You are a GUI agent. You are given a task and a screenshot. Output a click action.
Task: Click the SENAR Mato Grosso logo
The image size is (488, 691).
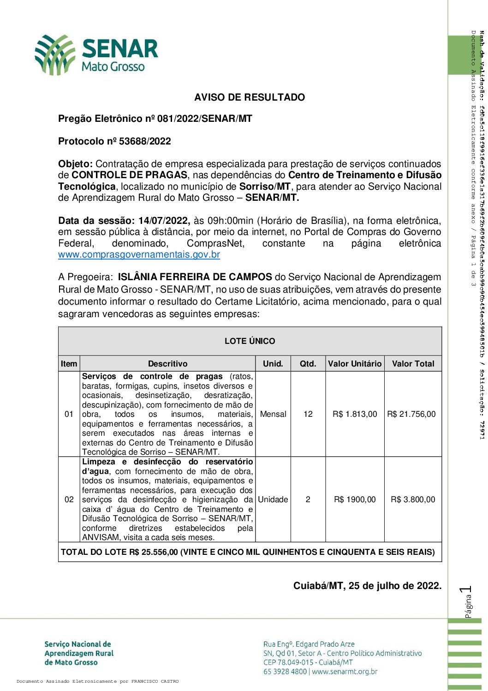(x=96, y=54)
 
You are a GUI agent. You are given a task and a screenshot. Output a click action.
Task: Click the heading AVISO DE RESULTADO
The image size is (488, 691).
(x=250, y=97)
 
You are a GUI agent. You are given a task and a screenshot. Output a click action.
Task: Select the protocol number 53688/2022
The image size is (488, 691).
(x=145, y=141)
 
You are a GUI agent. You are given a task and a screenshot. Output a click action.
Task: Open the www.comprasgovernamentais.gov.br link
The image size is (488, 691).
(x=139, y=254)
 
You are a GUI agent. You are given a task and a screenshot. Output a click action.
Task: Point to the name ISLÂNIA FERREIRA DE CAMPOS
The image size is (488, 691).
(x=195, y=277)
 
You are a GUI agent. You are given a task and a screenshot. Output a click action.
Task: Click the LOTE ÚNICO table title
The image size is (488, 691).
(x=250, y=341)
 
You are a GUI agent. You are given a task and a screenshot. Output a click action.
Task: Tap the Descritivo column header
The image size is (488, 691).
(x=167, y=364)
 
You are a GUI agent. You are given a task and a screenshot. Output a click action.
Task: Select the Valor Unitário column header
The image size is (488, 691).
(x=355, y=364)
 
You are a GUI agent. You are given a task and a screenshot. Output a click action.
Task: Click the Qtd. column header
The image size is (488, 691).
(x=308, y=364)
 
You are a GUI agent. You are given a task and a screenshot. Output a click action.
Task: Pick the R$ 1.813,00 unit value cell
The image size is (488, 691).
(x=355, y=414)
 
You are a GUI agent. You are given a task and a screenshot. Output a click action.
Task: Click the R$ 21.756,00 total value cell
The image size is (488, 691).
(x=411, y=414)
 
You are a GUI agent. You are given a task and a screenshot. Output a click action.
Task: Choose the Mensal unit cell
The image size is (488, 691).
(x=273, y=414)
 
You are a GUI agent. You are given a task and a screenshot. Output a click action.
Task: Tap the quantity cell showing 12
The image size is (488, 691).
(x=308, y=414)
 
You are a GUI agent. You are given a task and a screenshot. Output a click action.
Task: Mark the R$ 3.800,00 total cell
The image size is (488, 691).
(x=413, y=499)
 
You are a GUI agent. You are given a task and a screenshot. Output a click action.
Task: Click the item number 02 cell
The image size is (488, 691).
(x=69, y=499)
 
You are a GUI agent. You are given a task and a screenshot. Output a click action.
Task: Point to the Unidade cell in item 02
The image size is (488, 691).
(x=273, y=499)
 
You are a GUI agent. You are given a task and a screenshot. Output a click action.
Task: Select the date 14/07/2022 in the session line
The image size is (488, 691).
(x=164, y=221)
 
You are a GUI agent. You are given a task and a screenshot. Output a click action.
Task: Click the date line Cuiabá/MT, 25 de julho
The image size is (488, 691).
(x=367, y=586)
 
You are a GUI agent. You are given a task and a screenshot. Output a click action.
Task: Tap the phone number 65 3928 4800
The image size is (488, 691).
(x=285, y=672)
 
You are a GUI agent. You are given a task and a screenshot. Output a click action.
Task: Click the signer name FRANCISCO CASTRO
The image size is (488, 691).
(x=155, y=681)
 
